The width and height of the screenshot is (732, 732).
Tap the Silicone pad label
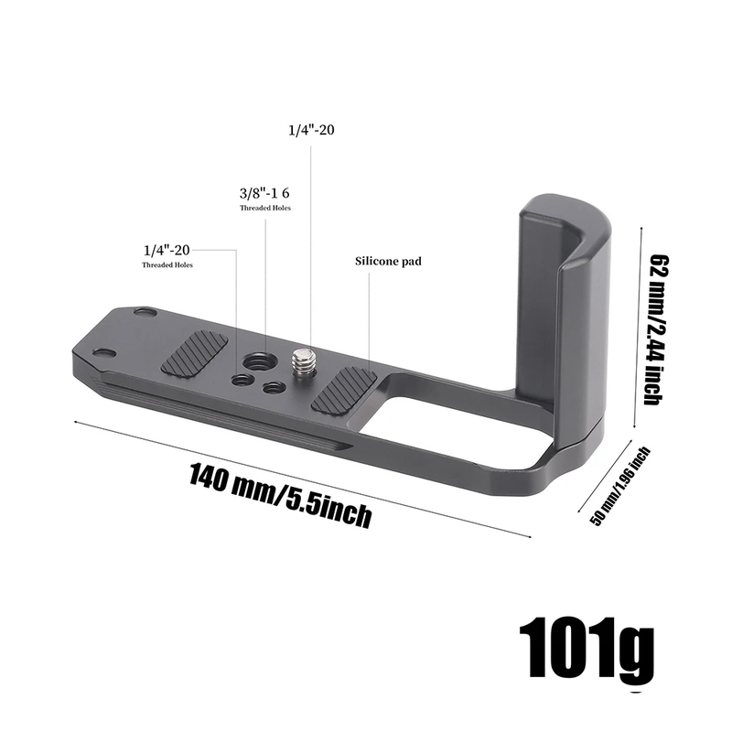coord(388,261)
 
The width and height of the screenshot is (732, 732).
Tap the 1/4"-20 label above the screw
coord(311,130)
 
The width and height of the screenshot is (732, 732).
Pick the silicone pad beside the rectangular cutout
coord(345,390)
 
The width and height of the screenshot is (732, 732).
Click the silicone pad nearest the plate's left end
coord(195,354)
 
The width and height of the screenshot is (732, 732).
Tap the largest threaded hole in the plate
coord(265,361)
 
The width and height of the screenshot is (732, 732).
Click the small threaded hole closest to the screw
coord(271,388)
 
